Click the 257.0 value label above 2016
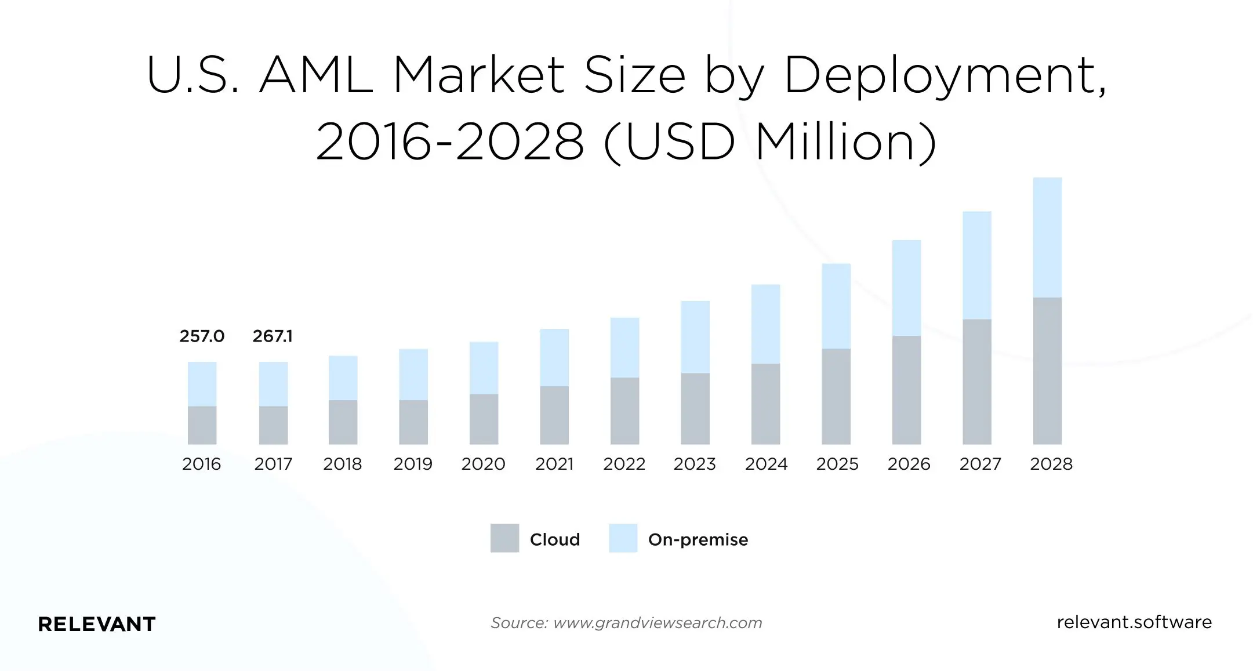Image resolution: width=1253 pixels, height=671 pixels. [202, 336]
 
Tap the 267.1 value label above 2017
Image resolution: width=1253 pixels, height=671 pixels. [273, 336]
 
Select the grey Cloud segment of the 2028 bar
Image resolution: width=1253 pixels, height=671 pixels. [1047, 371]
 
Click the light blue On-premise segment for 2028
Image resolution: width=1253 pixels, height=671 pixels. [1047, 238]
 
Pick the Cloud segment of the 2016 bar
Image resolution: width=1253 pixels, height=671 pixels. [202, 425]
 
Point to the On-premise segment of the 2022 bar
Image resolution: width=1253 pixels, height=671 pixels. [624, 347]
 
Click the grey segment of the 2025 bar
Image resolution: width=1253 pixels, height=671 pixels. [836, 396]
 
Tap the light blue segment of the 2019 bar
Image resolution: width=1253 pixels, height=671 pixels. [413, 374]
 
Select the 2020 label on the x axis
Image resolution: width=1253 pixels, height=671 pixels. [483, 464]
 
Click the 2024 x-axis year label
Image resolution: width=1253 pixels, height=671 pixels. [766, 464]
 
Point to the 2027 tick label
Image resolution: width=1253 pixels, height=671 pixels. [980, 464]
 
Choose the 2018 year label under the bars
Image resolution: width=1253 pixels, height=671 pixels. [342, 464]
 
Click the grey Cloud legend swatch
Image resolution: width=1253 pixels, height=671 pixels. [504, 538]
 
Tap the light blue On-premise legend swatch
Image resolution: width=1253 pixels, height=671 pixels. [623, 538]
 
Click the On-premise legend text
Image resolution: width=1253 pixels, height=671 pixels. [698, 540]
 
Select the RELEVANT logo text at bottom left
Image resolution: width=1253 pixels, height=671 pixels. [97, 624]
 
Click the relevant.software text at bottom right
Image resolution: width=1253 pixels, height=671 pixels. [1134, 622]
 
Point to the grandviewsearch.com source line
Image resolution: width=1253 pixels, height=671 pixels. [626, 623]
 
